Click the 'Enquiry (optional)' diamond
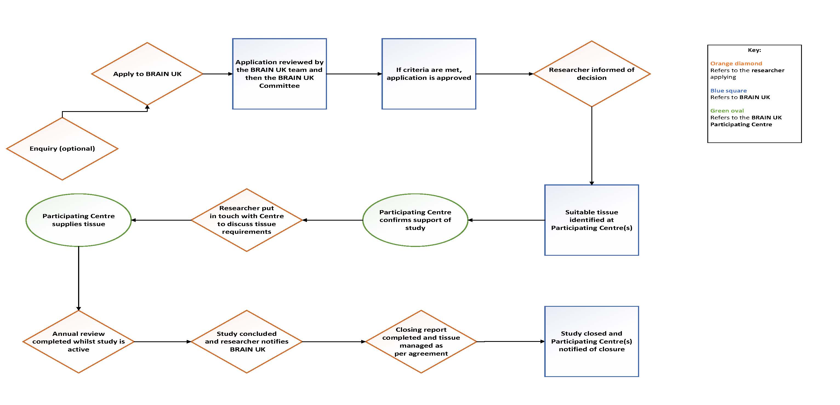[62, 148]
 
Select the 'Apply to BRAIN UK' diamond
[147, 74]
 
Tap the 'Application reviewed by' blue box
[280, 74]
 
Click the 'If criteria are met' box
[429, 74]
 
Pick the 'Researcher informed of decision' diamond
[591, 74]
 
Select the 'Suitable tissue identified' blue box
[591, 220]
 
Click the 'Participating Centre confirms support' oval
[415, 220]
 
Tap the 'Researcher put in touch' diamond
[247, 220]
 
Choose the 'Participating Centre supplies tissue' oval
[79, 220]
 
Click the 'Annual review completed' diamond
[79, 341]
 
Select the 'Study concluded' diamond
[247, 341]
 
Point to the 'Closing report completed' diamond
[421, 341]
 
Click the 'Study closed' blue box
[591, 341]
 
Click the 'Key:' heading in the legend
[754, 50]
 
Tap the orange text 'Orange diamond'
[736, 63]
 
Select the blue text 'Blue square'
[728, 90]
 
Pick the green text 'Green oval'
[727, 111]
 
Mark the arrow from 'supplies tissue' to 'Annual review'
[79, 277]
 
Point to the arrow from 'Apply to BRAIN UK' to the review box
[217, 74]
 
